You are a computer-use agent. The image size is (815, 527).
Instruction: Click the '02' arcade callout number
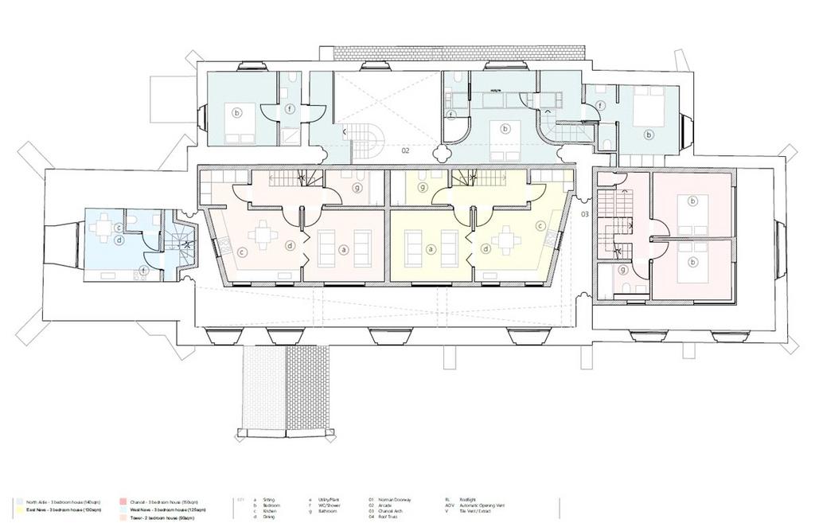click(405, 150)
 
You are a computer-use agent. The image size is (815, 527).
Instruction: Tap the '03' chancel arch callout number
click(584, 215)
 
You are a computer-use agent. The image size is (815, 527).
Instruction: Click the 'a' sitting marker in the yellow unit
click(431, 249)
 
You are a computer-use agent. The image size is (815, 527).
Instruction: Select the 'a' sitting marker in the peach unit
click(344, 249)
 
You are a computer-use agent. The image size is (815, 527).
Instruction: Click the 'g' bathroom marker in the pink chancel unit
click(622, 271)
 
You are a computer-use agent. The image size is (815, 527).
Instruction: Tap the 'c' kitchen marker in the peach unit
click(242, 252)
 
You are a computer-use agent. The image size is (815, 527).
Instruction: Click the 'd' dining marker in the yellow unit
click(485, 248)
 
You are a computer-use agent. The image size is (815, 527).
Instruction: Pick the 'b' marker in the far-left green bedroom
click(236, 113)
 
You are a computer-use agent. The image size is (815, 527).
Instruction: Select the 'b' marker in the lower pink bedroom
click(692, 261)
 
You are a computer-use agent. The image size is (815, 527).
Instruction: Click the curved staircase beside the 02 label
click(368, 142)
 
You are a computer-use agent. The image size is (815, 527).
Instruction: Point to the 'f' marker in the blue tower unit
click(143, 270)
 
